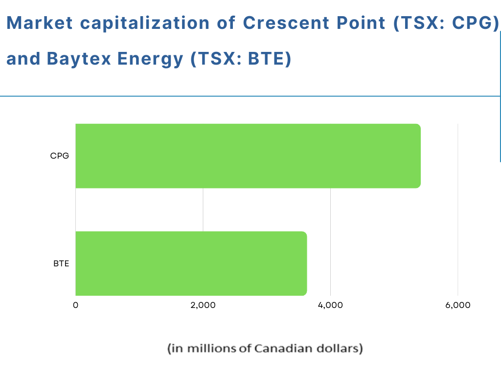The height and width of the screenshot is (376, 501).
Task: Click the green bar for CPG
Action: click(x=248, y=156)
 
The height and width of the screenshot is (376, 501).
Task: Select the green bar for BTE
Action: click(x=191, y=263)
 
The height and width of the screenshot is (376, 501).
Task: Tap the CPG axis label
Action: click(x=59, y=156)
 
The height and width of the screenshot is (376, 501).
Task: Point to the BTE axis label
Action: click(x=61, y=263)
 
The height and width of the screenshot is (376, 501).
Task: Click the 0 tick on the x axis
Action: click(x=75, y=305)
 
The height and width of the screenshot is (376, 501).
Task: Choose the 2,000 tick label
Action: click(x=203, y=305)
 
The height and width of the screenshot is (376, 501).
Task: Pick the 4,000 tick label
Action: click(x=330, y=305)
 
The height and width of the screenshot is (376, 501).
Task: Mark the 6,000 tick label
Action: click(x=458, y=305)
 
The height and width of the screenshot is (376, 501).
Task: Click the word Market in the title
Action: click(x=40, y=23)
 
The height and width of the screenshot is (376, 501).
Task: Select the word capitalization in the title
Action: click(x=145, y=23)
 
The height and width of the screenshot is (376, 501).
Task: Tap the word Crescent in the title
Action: click(x=286, y=23)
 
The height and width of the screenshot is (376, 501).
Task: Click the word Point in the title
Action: click(x=361, y=23)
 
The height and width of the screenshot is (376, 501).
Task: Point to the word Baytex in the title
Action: click(x=79, y=59)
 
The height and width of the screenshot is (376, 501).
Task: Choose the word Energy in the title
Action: click(x=150, y=59)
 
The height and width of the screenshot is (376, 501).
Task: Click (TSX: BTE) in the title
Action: click(x=241, y=59)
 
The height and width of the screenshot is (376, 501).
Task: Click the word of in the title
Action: click(x=226, y=23)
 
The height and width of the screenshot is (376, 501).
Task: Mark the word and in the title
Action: click(x=23, y=59)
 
